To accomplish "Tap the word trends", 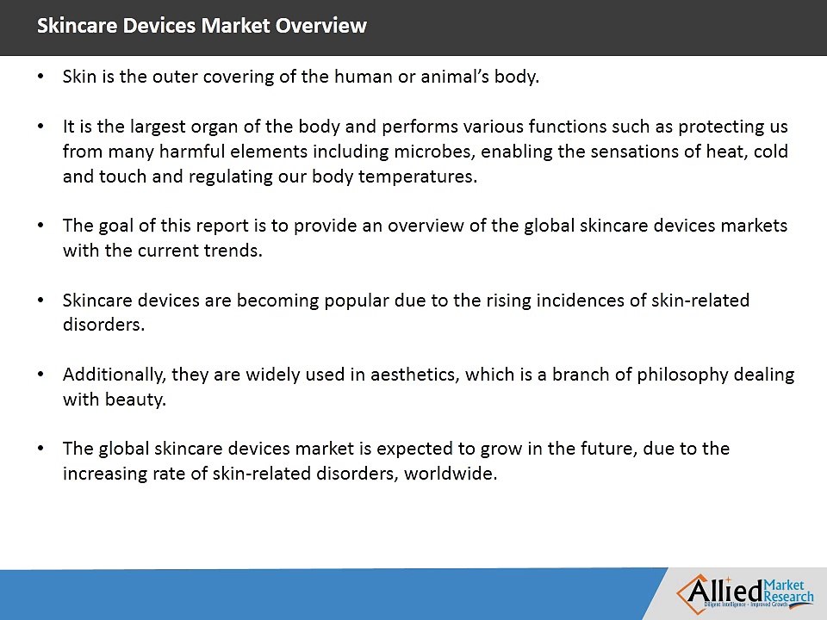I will pos(235,251).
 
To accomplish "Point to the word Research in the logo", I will pos(789,597).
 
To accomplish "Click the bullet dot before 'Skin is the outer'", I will pos(41,77).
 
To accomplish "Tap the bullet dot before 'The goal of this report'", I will pos(41,226).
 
